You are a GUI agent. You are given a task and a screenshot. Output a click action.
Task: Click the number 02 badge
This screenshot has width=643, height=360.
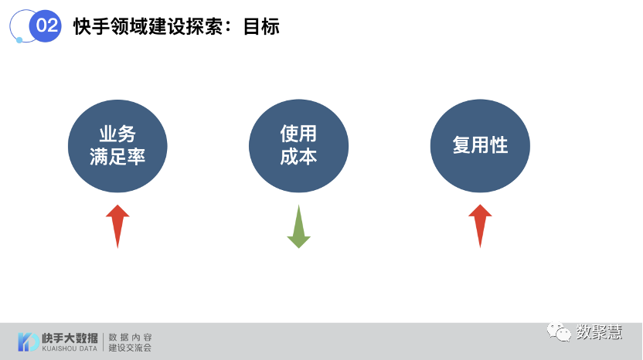(x=46, y=25)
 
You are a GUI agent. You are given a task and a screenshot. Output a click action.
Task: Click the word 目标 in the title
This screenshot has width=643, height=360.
(x=261, y=26)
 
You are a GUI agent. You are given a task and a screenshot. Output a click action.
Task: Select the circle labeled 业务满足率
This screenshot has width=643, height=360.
(x=117, y=145)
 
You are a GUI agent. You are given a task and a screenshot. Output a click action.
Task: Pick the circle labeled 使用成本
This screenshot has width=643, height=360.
(x=298, y=145)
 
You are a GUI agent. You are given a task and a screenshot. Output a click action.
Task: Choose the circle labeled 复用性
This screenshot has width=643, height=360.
(x=480, y=145)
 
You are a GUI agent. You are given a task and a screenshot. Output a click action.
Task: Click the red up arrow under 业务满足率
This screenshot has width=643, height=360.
(x=117, y=225)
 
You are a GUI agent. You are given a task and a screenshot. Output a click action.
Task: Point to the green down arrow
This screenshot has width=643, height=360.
(x=298, y=226)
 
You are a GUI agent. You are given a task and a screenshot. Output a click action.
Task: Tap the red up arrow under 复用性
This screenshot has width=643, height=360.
(x=480, y=225)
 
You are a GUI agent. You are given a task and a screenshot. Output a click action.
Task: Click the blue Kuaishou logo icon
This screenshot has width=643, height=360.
(x=29, y=341)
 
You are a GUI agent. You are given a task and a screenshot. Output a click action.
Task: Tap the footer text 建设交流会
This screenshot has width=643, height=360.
(x=131, y=348)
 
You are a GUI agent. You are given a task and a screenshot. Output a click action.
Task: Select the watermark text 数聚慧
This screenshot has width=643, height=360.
(x=599, y=331)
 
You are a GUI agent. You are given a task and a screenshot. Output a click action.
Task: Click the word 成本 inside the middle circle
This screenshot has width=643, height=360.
(x=298, y=156)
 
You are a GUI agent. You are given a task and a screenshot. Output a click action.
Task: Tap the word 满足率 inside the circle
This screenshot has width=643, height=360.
(x=117, y=156)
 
